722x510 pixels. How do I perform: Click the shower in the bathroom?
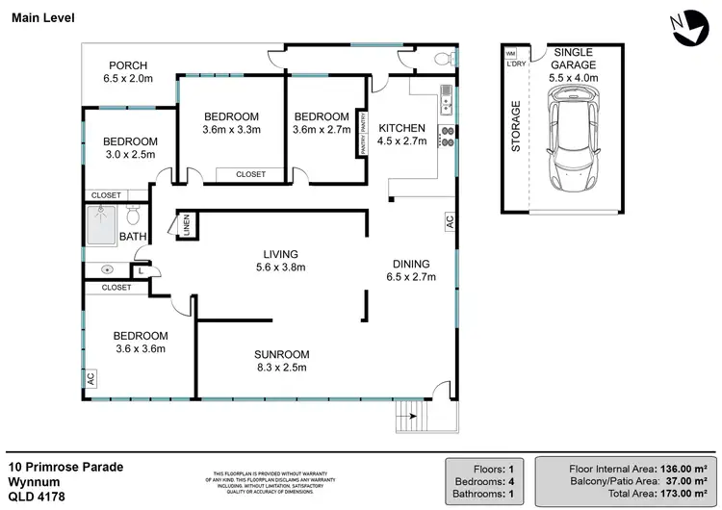(x=102, y=221)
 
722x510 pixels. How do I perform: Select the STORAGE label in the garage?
(x=516, y=126)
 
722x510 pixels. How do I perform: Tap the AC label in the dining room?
(x=449, y=221)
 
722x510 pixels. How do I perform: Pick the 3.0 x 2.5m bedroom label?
(x=130, y=148)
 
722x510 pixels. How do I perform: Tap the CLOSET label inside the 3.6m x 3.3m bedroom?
(x=249, y=174)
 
